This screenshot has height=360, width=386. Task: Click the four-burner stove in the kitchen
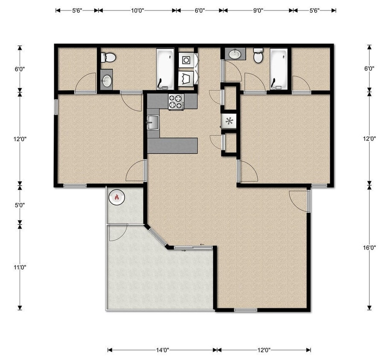(x=176, y=102)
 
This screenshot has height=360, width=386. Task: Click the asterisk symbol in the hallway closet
(x=229, y=121)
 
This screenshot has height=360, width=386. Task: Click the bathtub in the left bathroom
(x=165, y=68)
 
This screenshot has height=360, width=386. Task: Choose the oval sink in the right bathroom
(x=235, y=54)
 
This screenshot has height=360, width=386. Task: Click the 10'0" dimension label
(x=136, y=11)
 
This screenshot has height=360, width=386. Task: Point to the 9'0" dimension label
(x=258, y=11)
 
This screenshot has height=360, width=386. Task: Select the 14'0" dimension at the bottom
(x=162, y=350)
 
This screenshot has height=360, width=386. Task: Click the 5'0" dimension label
(x=20, y=205)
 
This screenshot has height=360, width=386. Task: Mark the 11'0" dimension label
(x=20, y=267)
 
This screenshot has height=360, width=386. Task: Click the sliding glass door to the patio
(x=193, y=247)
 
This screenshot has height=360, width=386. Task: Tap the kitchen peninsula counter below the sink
(x=172, y=145)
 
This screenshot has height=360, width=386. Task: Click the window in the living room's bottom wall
(x=246, y=310)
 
